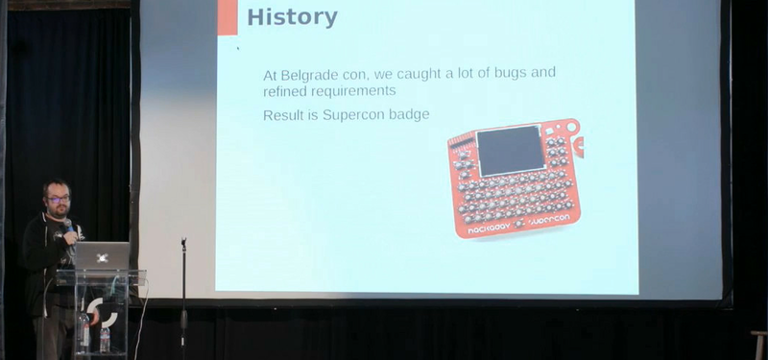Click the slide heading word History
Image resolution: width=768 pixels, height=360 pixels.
292,17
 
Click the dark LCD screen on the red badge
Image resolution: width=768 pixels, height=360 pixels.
511,151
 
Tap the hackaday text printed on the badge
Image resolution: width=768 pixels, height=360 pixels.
489,228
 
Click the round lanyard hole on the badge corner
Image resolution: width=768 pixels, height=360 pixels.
571,127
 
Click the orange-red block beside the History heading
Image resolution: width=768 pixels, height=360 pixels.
228,17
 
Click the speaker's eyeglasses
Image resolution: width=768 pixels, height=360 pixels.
59,200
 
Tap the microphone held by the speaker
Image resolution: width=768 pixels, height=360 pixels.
69,227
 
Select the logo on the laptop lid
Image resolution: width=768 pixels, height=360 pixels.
102,257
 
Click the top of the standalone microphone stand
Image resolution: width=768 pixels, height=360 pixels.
183,242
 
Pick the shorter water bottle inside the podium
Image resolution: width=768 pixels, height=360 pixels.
105,340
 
